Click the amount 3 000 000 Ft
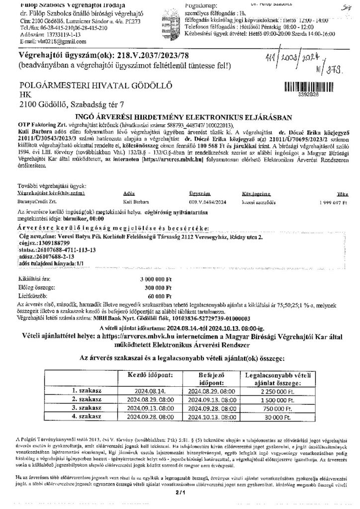[155, 280]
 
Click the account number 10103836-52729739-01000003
[213, 318]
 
